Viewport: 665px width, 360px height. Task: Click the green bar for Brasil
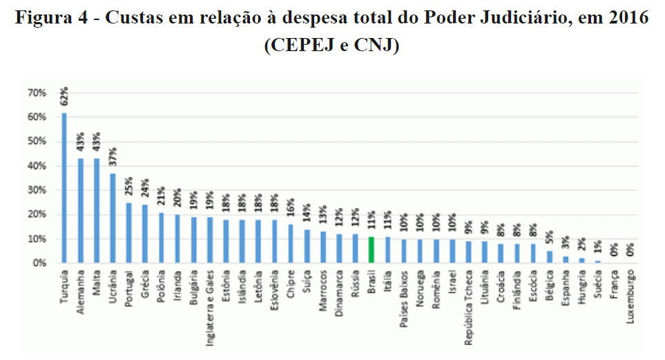tap(372, 250)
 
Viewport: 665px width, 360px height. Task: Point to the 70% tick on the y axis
tap(37, 93)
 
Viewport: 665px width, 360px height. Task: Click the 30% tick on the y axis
tap(37, 190)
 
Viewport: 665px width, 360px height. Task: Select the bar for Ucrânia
tap(113, 218)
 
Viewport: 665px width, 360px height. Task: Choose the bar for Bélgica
tap(550, 257)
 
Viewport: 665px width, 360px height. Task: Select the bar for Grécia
tap(145, 234)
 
